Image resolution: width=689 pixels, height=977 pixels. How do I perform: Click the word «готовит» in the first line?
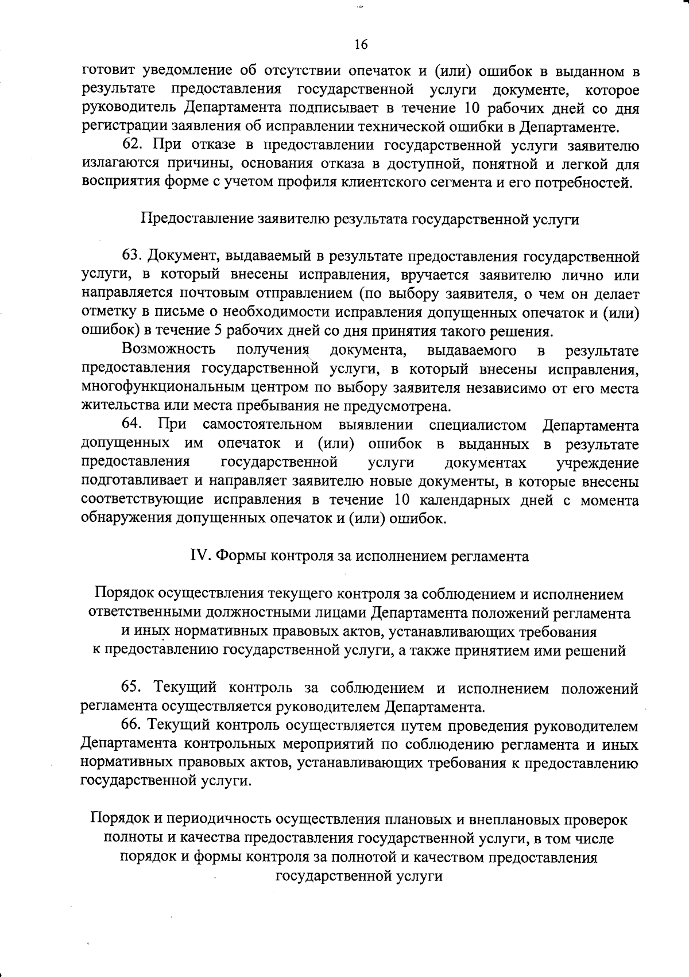pos(109,71)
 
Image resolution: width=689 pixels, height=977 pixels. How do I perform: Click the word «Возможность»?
pos(169,350)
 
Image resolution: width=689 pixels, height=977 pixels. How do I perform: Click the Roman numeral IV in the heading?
pos(199,556)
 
